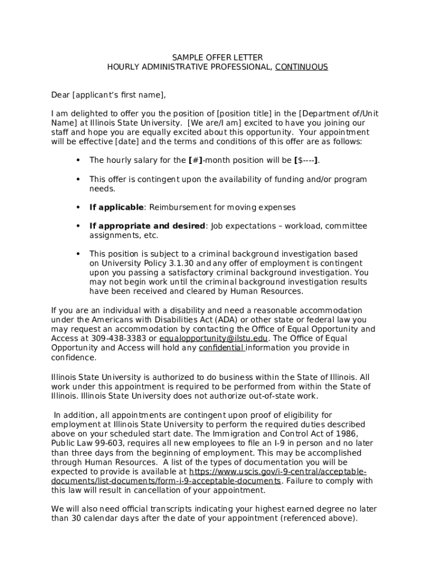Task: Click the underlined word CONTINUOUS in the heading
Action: tap(301, 67)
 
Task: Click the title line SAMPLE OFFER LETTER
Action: tap(217, 58)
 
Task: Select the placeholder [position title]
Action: tap(248, 114)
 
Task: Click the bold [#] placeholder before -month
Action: tap(195, 161)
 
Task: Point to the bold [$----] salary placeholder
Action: tap(307, 161)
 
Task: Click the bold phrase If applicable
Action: tap(116, 208)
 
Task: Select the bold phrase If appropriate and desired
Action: tap(147, 226)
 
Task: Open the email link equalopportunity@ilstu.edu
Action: tap(214, 339)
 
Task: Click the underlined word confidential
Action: tap(221, 348)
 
